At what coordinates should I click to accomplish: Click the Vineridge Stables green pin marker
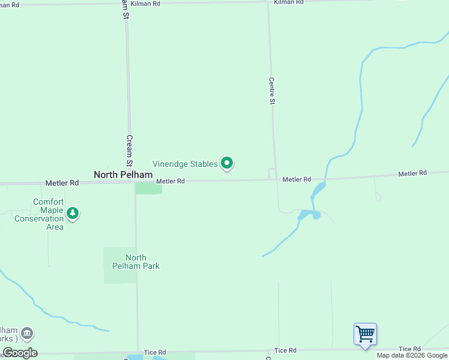[227, 163]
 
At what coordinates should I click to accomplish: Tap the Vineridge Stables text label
[185, 164]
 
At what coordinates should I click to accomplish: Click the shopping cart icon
[365, 334]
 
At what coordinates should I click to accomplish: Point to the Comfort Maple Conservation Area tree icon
[73, 213]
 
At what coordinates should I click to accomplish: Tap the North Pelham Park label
[135, 262]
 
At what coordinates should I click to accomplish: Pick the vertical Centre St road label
[272, 91]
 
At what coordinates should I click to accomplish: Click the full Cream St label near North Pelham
[128, 150]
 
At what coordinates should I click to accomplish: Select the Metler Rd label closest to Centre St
[297, 179]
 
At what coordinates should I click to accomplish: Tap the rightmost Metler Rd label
[412, 173]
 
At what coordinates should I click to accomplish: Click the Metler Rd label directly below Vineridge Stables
[170, 181]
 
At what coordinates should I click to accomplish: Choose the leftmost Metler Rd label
[62, 182]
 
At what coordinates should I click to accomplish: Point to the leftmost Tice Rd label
[155, 352]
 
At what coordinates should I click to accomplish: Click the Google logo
[20, 353]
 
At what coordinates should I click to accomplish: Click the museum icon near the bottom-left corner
[26, 333]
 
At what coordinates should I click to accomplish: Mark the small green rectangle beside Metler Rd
[148, 188]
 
